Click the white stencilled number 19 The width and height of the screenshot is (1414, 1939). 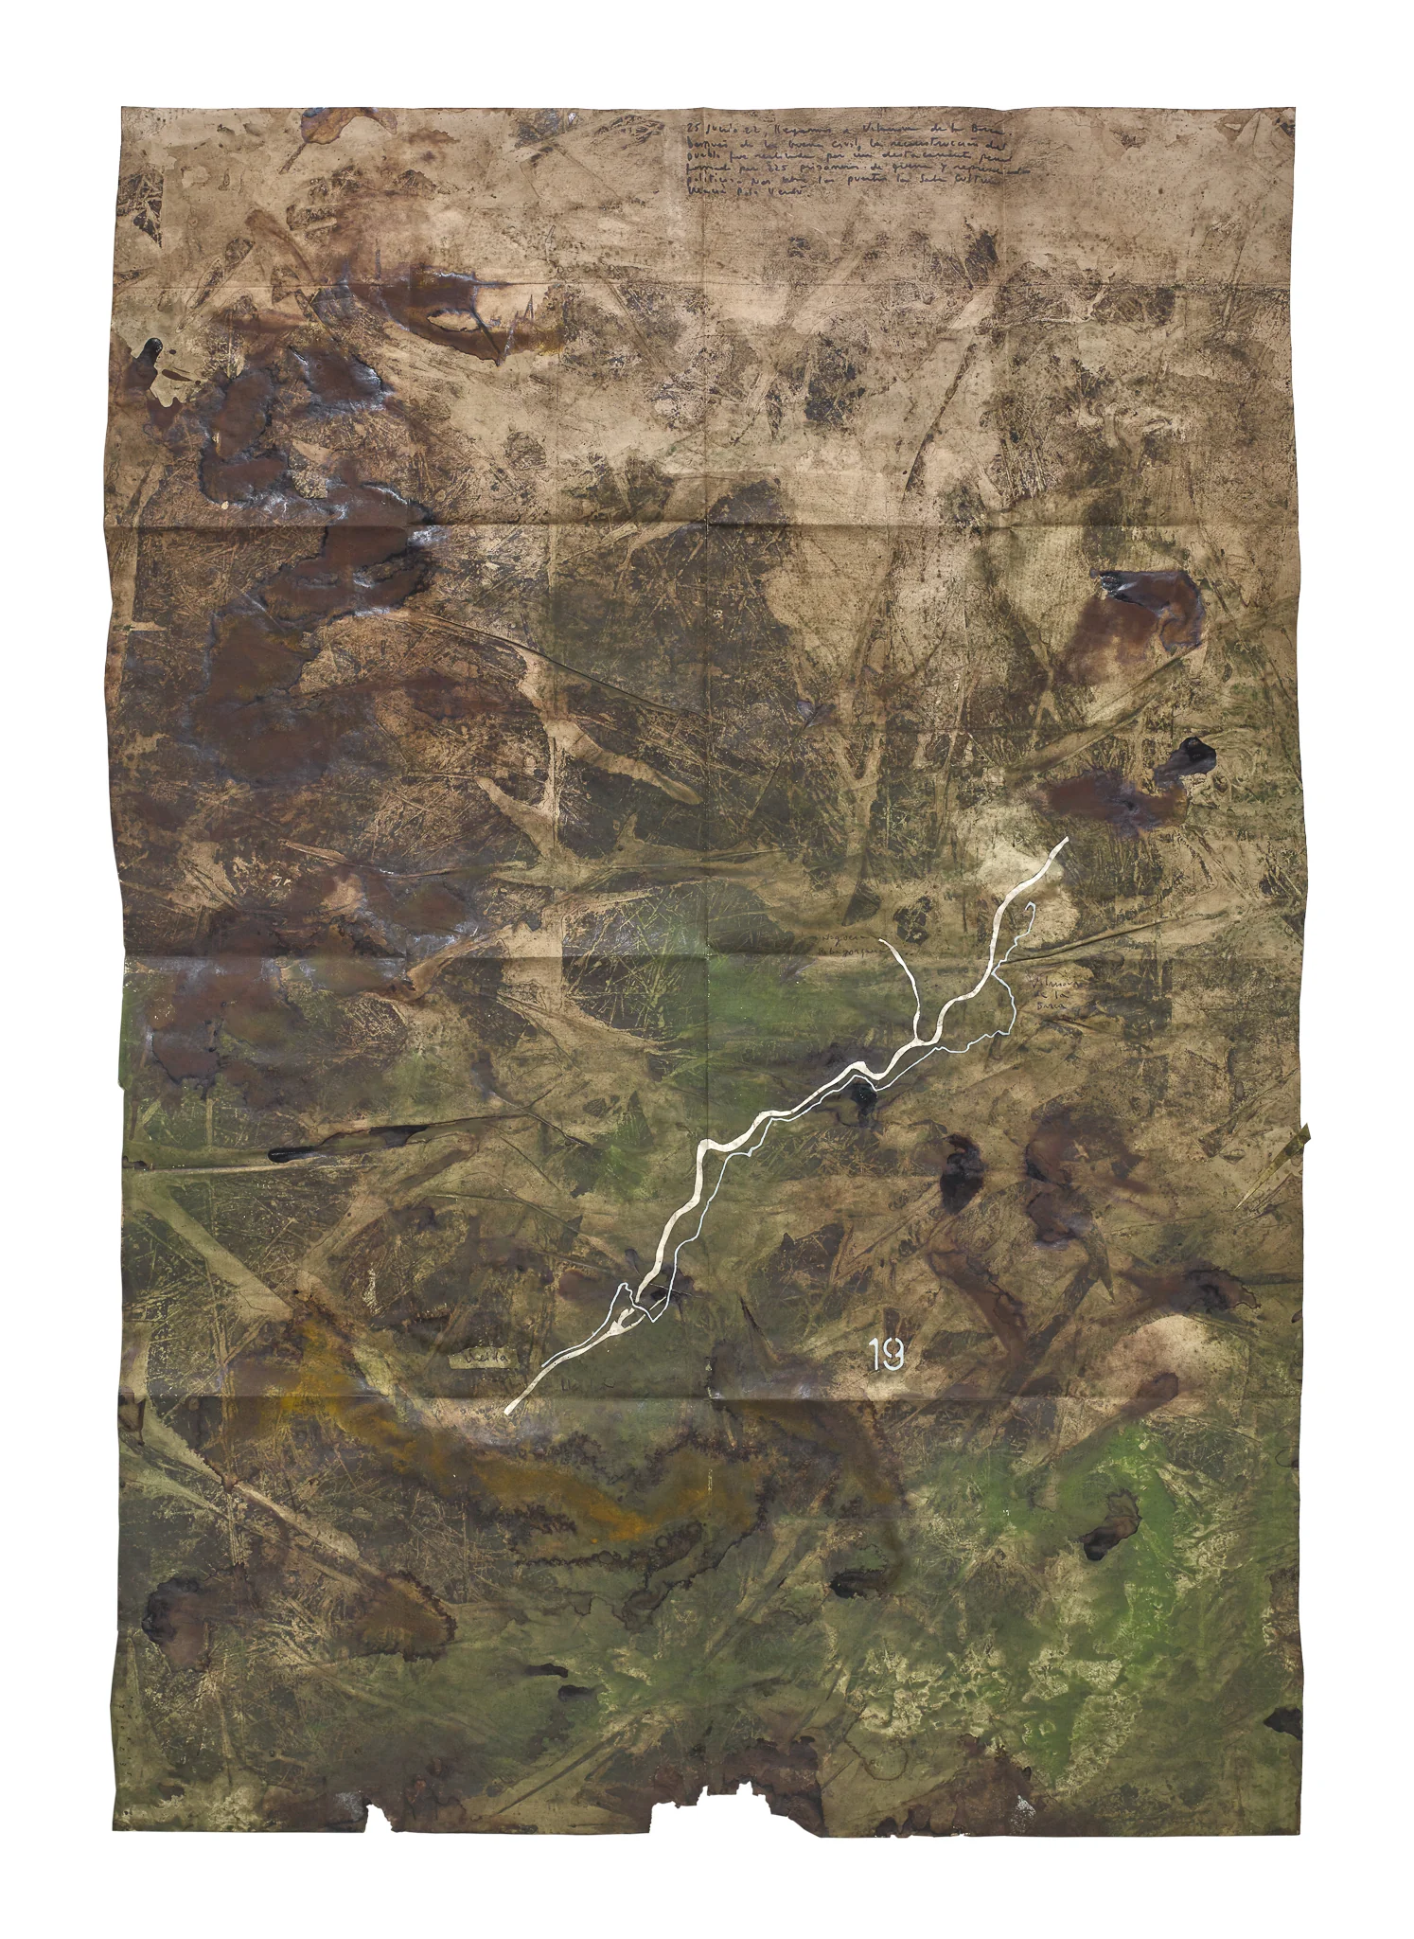click(x=888, y=1358)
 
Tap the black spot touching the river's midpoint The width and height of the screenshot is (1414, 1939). click(x=863, y=1096)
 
